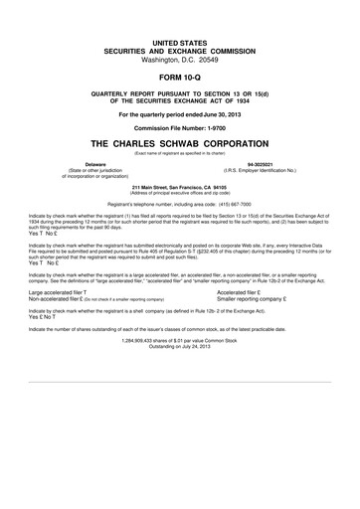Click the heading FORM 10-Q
[x=179, y=76]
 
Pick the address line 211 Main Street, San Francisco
[x=179, y=185]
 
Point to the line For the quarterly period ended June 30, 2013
[x=179, y=114]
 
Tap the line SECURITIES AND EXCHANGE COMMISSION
[x=179, y=49]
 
